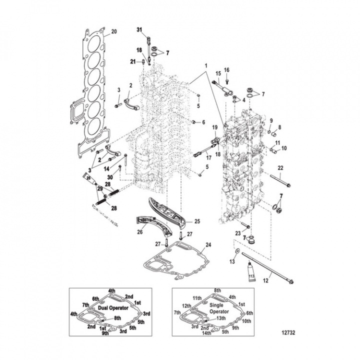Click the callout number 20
pos(113,31)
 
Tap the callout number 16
pos(226,69)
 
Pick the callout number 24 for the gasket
pos(208,245)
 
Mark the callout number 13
pos(232,262)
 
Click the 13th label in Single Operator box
pos(221,318)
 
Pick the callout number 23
pos(238,232)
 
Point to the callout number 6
pos(203,122)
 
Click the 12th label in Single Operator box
pos(186,305)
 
